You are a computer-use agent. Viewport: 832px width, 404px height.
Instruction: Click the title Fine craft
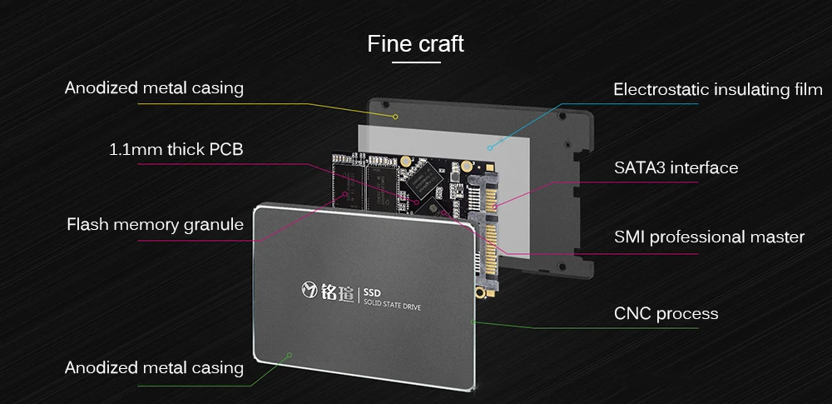415,43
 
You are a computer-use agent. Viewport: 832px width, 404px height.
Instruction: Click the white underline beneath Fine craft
417,62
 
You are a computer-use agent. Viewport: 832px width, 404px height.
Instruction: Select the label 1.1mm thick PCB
176,149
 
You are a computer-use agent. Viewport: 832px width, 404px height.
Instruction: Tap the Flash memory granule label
155,224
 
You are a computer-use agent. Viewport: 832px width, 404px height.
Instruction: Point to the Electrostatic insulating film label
718,89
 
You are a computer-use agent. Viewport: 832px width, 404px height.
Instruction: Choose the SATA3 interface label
676,168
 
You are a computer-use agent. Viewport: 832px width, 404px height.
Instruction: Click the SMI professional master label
710,237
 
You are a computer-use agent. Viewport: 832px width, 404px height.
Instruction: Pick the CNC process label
666,314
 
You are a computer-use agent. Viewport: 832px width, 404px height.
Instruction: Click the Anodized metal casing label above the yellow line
154,87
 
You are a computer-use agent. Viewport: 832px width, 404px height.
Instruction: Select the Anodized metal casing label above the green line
154,367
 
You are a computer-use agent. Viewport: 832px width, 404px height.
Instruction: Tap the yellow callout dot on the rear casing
395,117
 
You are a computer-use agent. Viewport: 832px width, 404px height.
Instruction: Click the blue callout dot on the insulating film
490,147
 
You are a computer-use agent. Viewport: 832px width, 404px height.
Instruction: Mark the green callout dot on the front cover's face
290,355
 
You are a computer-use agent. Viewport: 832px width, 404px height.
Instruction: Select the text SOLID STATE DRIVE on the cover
392,305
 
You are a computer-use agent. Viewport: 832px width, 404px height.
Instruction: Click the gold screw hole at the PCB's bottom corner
481,292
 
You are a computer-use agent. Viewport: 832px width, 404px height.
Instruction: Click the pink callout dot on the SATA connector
495,207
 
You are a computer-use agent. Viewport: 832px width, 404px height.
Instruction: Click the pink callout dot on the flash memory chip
346,194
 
